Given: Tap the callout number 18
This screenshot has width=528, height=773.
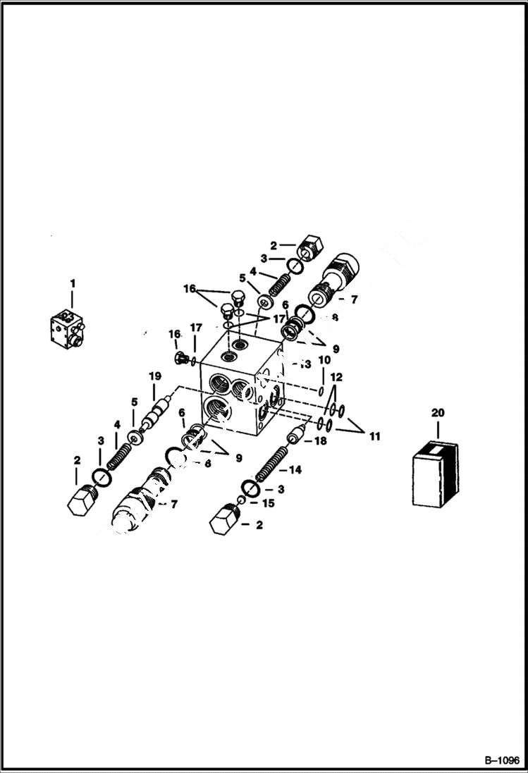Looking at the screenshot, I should (320, 442).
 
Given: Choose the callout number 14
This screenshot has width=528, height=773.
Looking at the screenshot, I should (295, 469).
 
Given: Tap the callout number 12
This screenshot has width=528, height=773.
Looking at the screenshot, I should (336, 378).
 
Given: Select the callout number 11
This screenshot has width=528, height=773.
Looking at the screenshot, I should (374, 437).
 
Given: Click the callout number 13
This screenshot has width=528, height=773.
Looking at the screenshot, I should (305, 364).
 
